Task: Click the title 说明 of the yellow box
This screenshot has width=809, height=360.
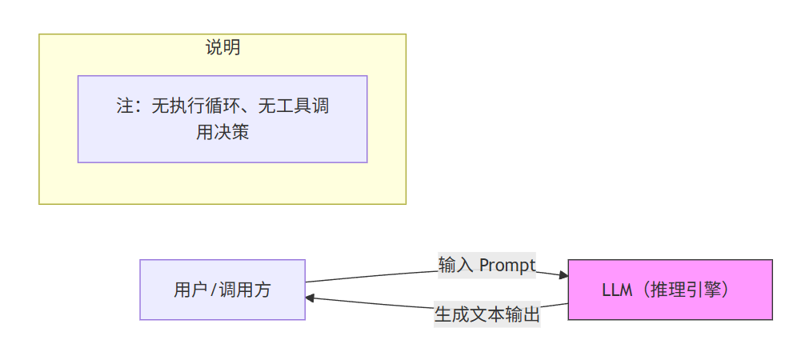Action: tap(222, 48)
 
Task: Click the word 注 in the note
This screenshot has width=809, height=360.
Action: tap(125, 106)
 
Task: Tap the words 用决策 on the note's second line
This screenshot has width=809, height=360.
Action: tap(222, 132)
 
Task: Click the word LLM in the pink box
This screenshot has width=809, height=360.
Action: tap(618, 290)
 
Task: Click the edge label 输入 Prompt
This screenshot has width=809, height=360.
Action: tap(487, 266)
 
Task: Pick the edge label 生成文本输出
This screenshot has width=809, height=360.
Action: tap(487, 314)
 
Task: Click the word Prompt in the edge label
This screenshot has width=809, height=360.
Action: tap(507, 266)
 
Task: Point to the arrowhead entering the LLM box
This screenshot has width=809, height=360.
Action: tap(563, 276)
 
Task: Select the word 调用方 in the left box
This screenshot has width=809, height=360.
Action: tap(246, 290)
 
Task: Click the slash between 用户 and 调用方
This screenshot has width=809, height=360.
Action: tap(214, 290)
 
